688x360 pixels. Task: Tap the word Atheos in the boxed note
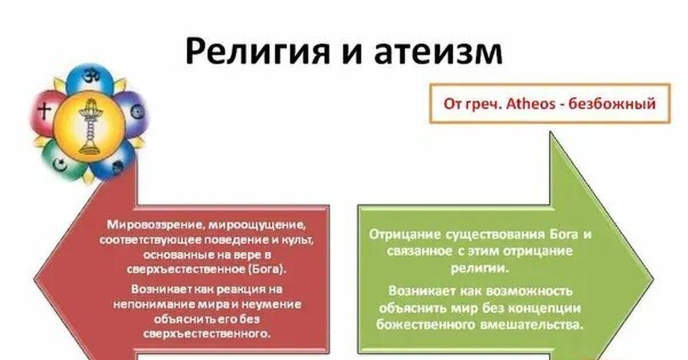(531, 104)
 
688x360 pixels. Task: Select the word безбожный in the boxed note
(612, 104)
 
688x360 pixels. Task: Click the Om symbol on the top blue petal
(91, 75)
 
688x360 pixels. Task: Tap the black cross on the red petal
(44, 111)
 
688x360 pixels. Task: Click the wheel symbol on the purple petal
(136, 112)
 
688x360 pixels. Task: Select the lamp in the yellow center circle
(89, 126)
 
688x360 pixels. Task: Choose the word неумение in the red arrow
(271, 305)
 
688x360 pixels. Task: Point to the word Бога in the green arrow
(564, 234)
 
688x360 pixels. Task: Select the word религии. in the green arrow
(480, 268)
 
